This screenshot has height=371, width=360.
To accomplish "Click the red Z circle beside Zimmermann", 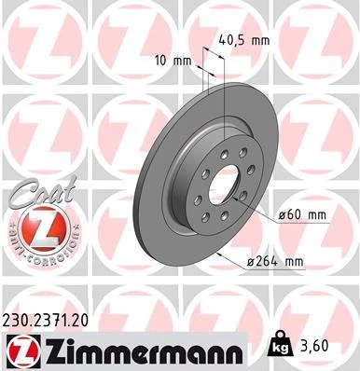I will [x=21, y=350].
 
